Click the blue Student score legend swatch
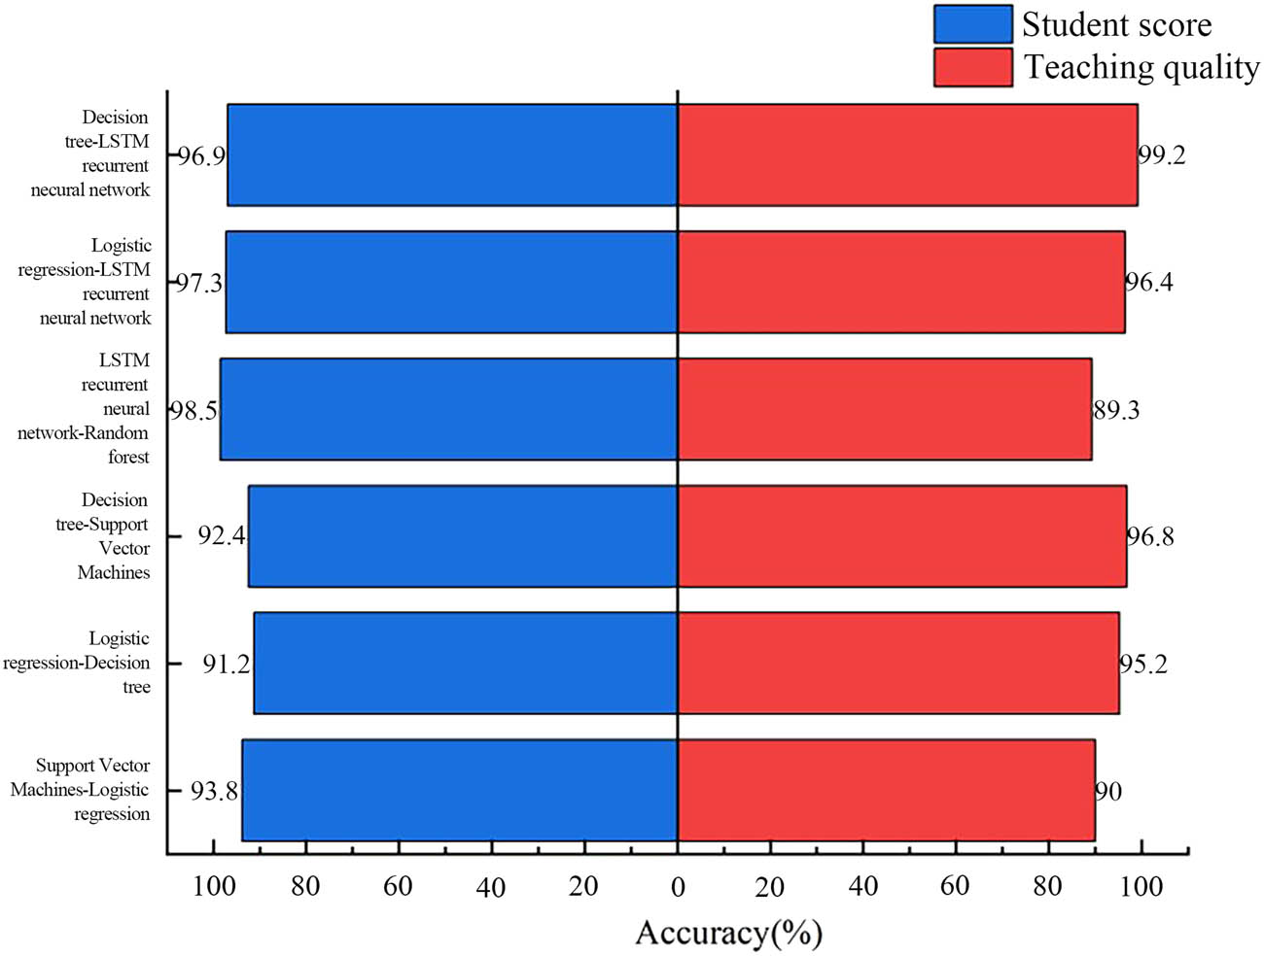(972, 24)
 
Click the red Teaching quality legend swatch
(972, 67)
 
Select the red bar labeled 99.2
(907, 155)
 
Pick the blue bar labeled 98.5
(448, 409)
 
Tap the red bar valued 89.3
(884, 409)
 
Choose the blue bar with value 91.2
(465, 663)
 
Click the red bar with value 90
(886, 790)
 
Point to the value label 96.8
(1150, 536)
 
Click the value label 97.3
(199, 283)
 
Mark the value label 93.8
(214, 791)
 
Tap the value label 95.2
(1143, 664)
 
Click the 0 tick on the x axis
(678, 886)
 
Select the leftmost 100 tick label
(214, 886)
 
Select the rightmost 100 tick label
(1141, 886)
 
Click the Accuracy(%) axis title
(728, 933)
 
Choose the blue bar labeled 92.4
(462, 536)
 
